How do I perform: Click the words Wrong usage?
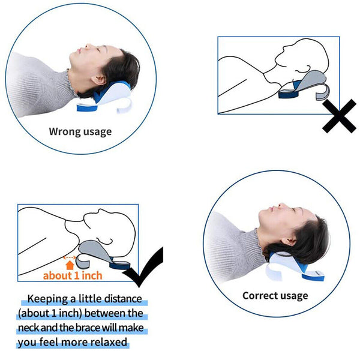click(x=80, y=131)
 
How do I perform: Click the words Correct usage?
click(x=275, y=295)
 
